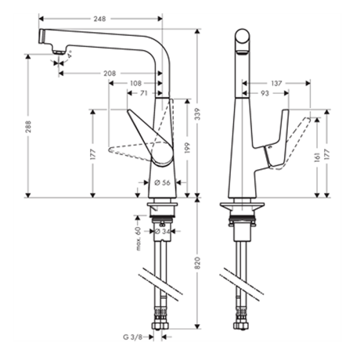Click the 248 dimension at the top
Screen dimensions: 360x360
tap(100, 19)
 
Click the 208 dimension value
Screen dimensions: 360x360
tap(110, 73)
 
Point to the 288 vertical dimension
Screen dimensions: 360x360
tap(28, 126)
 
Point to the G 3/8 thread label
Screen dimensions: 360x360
tap(134, 337)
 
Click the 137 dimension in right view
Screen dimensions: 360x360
tap(277, 83)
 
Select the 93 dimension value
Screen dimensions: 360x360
tap(264, 93)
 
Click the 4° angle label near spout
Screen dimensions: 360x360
tap(70, 54)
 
